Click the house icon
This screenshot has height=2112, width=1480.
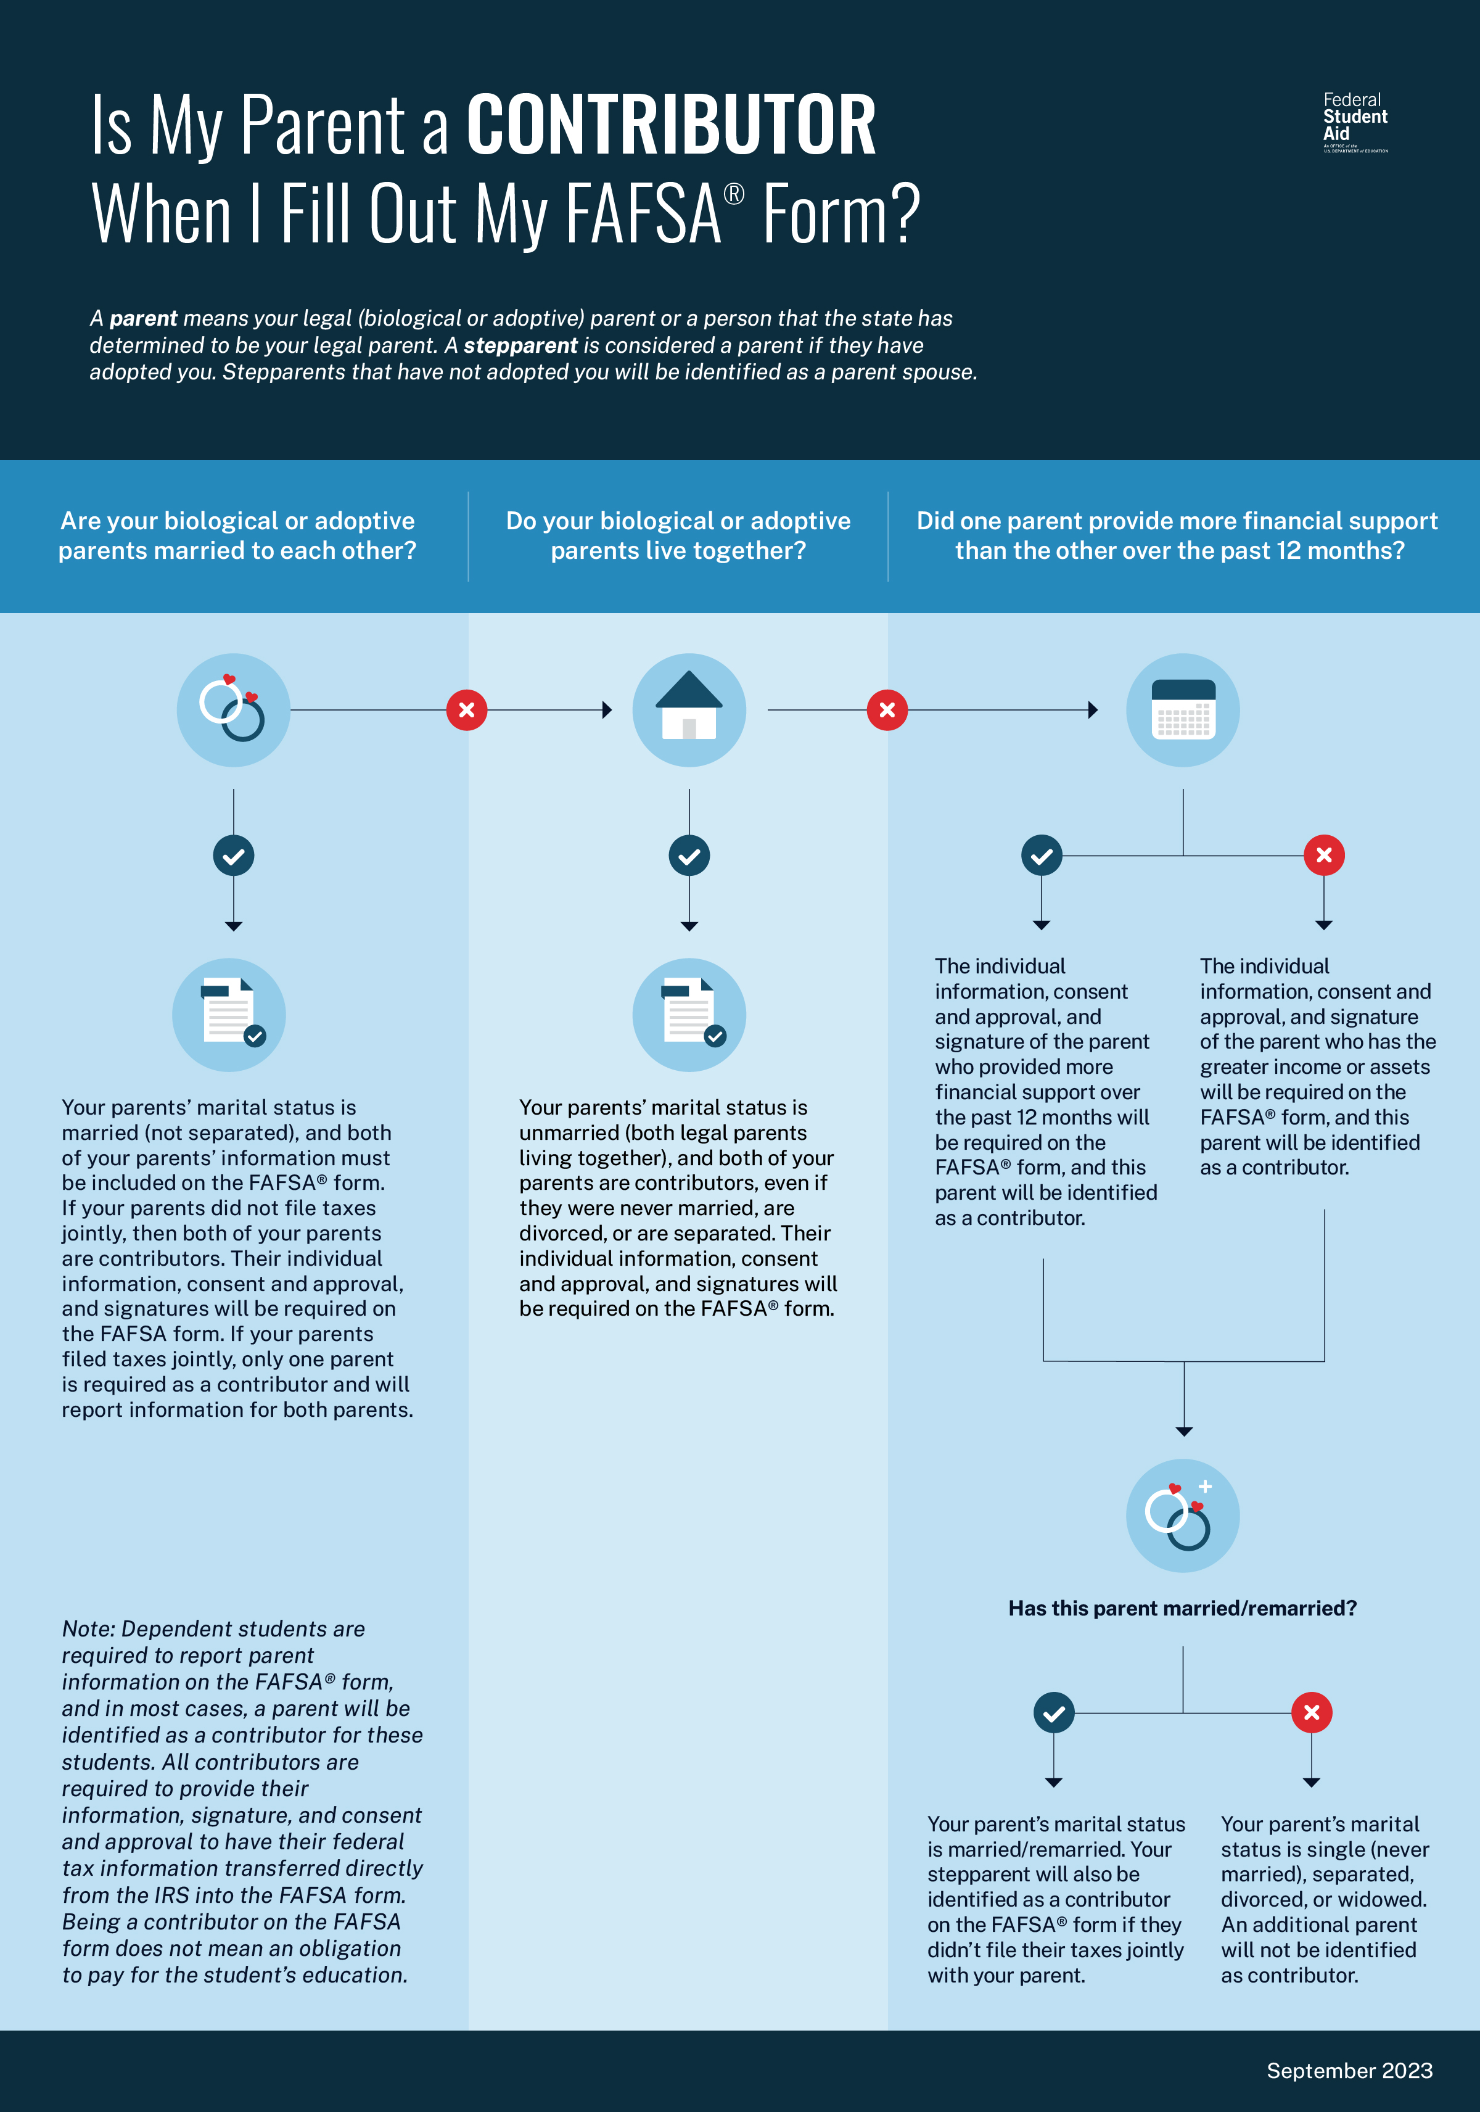tap(689, 710)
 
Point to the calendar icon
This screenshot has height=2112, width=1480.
tap(1183, 710)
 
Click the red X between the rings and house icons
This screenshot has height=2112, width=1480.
tap(466, 710)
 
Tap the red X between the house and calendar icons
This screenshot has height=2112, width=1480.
tap(887, 710)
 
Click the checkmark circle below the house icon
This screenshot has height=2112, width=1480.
tap(689, 856)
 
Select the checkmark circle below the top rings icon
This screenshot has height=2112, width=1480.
tap(234, 856)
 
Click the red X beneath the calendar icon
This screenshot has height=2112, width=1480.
tap(1323, 856)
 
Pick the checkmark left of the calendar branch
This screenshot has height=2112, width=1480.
tap(1042, 856)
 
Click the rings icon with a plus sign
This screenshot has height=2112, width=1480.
tap(1183, 1515)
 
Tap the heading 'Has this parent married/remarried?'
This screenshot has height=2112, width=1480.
tap(1182, 1608)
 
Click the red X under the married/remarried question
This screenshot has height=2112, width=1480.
tap(1312, 1713)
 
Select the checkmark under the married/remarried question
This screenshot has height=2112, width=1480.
tap(1054, 1713)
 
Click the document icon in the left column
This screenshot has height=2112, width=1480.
tap(229, 1015)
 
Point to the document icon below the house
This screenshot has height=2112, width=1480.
tap(689, 1015)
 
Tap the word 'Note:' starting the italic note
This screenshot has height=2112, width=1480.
tap(88, 1629)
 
